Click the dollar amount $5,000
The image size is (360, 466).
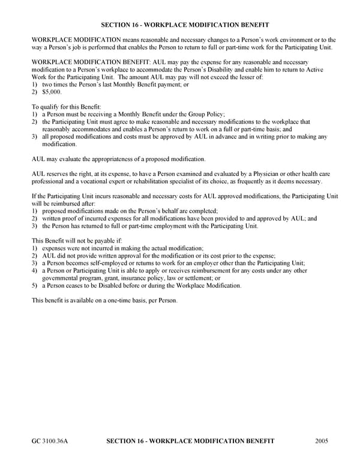pos(52,92)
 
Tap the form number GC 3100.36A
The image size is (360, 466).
pos(50,441)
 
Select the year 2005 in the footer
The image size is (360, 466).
pos(322,441)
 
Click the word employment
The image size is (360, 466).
pos(187,226)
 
